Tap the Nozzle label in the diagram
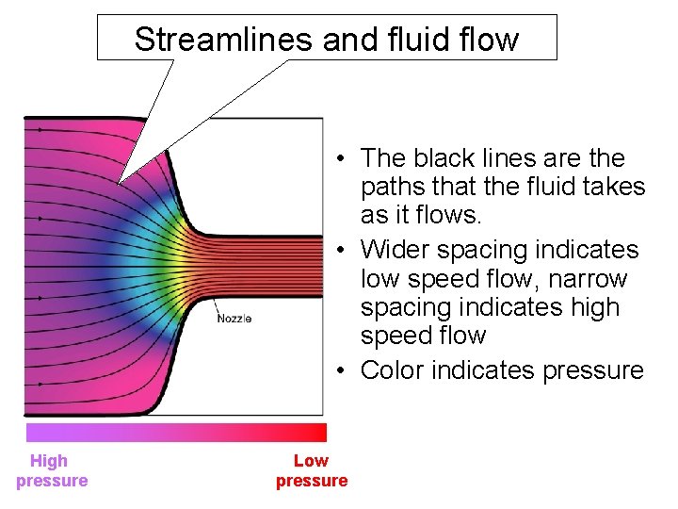pyautogui.click(x=234, y=319)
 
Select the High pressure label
pyautogui.click(x=51, y=470)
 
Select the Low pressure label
pyautogui.click(x=311, y=470)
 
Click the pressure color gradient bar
pyautogui.click(x=176, y=433)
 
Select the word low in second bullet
pyautogui.click(x=379, y=279)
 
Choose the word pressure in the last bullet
pyautogui.click(x=593, y=369)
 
